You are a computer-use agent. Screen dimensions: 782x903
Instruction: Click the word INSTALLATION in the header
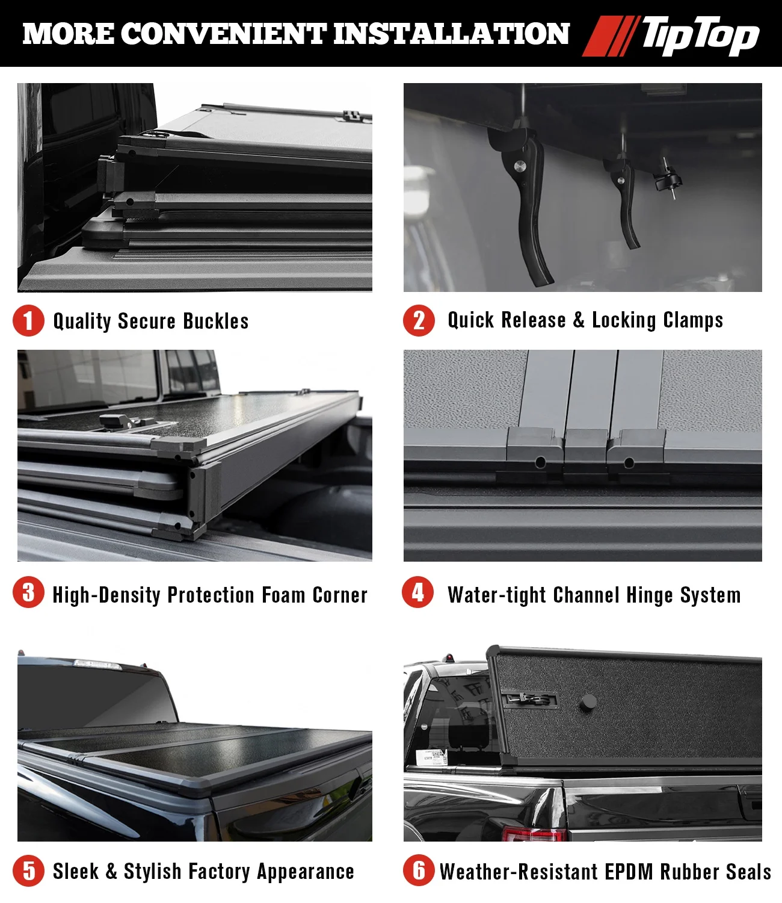(x=452, y=34)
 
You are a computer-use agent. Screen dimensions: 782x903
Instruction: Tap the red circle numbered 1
(x=28, y=320)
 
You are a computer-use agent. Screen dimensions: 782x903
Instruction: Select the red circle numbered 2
(x=419, y=320)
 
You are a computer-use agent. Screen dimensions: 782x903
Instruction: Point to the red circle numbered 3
(x=28, y=592)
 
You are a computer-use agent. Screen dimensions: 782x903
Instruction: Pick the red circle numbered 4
(x=418, y=592)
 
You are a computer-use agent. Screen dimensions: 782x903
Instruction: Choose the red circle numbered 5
(x=28, y=870)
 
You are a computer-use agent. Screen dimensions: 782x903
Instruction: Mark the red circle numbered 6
(x=419, y=870)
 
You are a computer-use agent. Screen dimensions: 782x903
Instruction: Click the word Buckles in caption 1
(x=216, y=321)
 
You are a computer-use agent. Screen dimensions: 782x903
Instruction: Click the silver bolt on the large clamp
(x=520, y=166)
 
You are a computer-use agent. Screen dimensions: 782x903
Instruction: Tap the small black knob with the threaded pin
(x=667, y=178)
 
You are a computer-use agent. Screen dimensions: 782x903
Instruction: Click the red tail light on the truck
(x=534, y=834)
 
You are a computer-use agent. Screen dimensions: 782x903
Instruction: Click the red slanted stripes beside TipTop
(x=611, y=36)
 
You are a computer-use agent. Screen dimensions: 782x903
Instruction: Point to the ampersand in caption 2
(x=579, y=320)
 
